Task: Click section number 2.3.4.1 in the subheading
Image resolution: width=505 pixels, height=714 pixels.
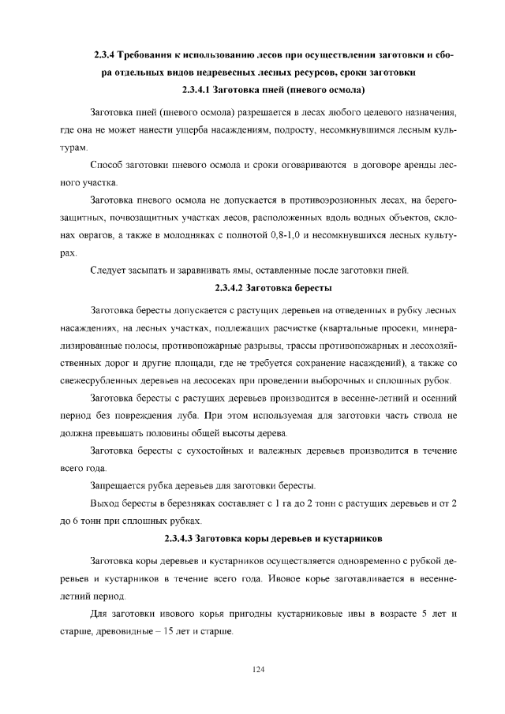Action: (200, 89)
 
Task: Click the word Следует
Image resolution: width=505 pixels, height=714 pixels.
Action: (110, 271)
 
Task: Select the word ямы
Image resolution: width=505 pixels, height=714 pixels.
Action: (211, 271)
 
